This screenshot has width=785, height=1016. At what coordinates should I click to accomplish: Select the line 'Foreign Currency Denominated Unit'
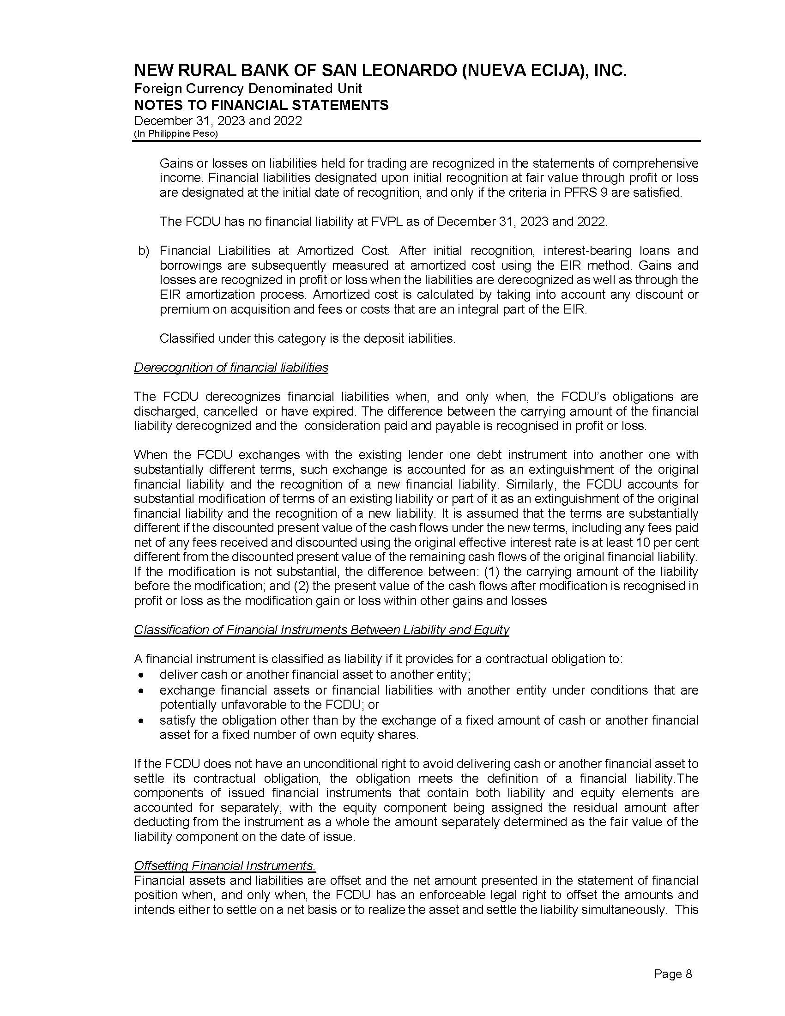pyautogui.click(x=248, y=88)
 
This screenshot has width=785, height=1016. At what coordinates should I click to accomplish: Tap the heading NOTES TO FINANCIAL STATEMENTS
pyautogui.click(x=261, y=105)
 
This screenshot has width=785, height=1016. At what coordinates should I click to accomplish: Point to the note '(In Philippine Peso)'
pyautogui.click(x=176, y=133)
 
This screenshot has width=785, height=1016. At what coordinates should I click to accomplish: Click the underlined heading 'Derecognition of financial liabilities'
pyautogui.click(x=231, y=368)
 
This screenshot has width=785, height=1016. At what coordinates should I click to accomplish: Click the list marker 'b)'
pyautogui.click(x=143, y=251)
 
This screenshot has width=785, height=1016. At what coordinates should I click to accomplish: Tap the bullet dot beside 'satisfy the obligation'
pyautogui.click(x=141, y=720)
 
